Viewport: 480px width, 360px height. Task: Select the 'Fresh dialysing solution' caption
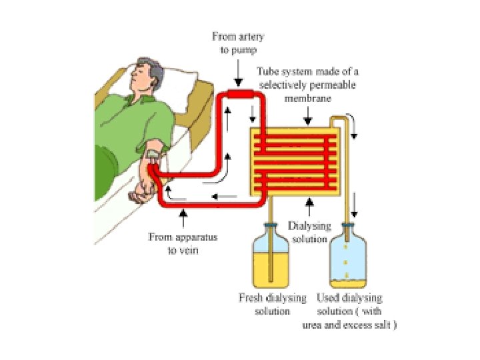(273, 304)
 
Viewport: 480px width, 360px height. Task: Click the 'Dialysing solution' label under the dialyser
(309, 232)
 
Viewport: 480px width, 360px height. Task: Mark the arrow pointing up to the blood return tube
(184, 218)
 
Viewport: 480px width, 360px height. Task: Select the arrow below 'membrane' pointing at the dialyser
(307, 119)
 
